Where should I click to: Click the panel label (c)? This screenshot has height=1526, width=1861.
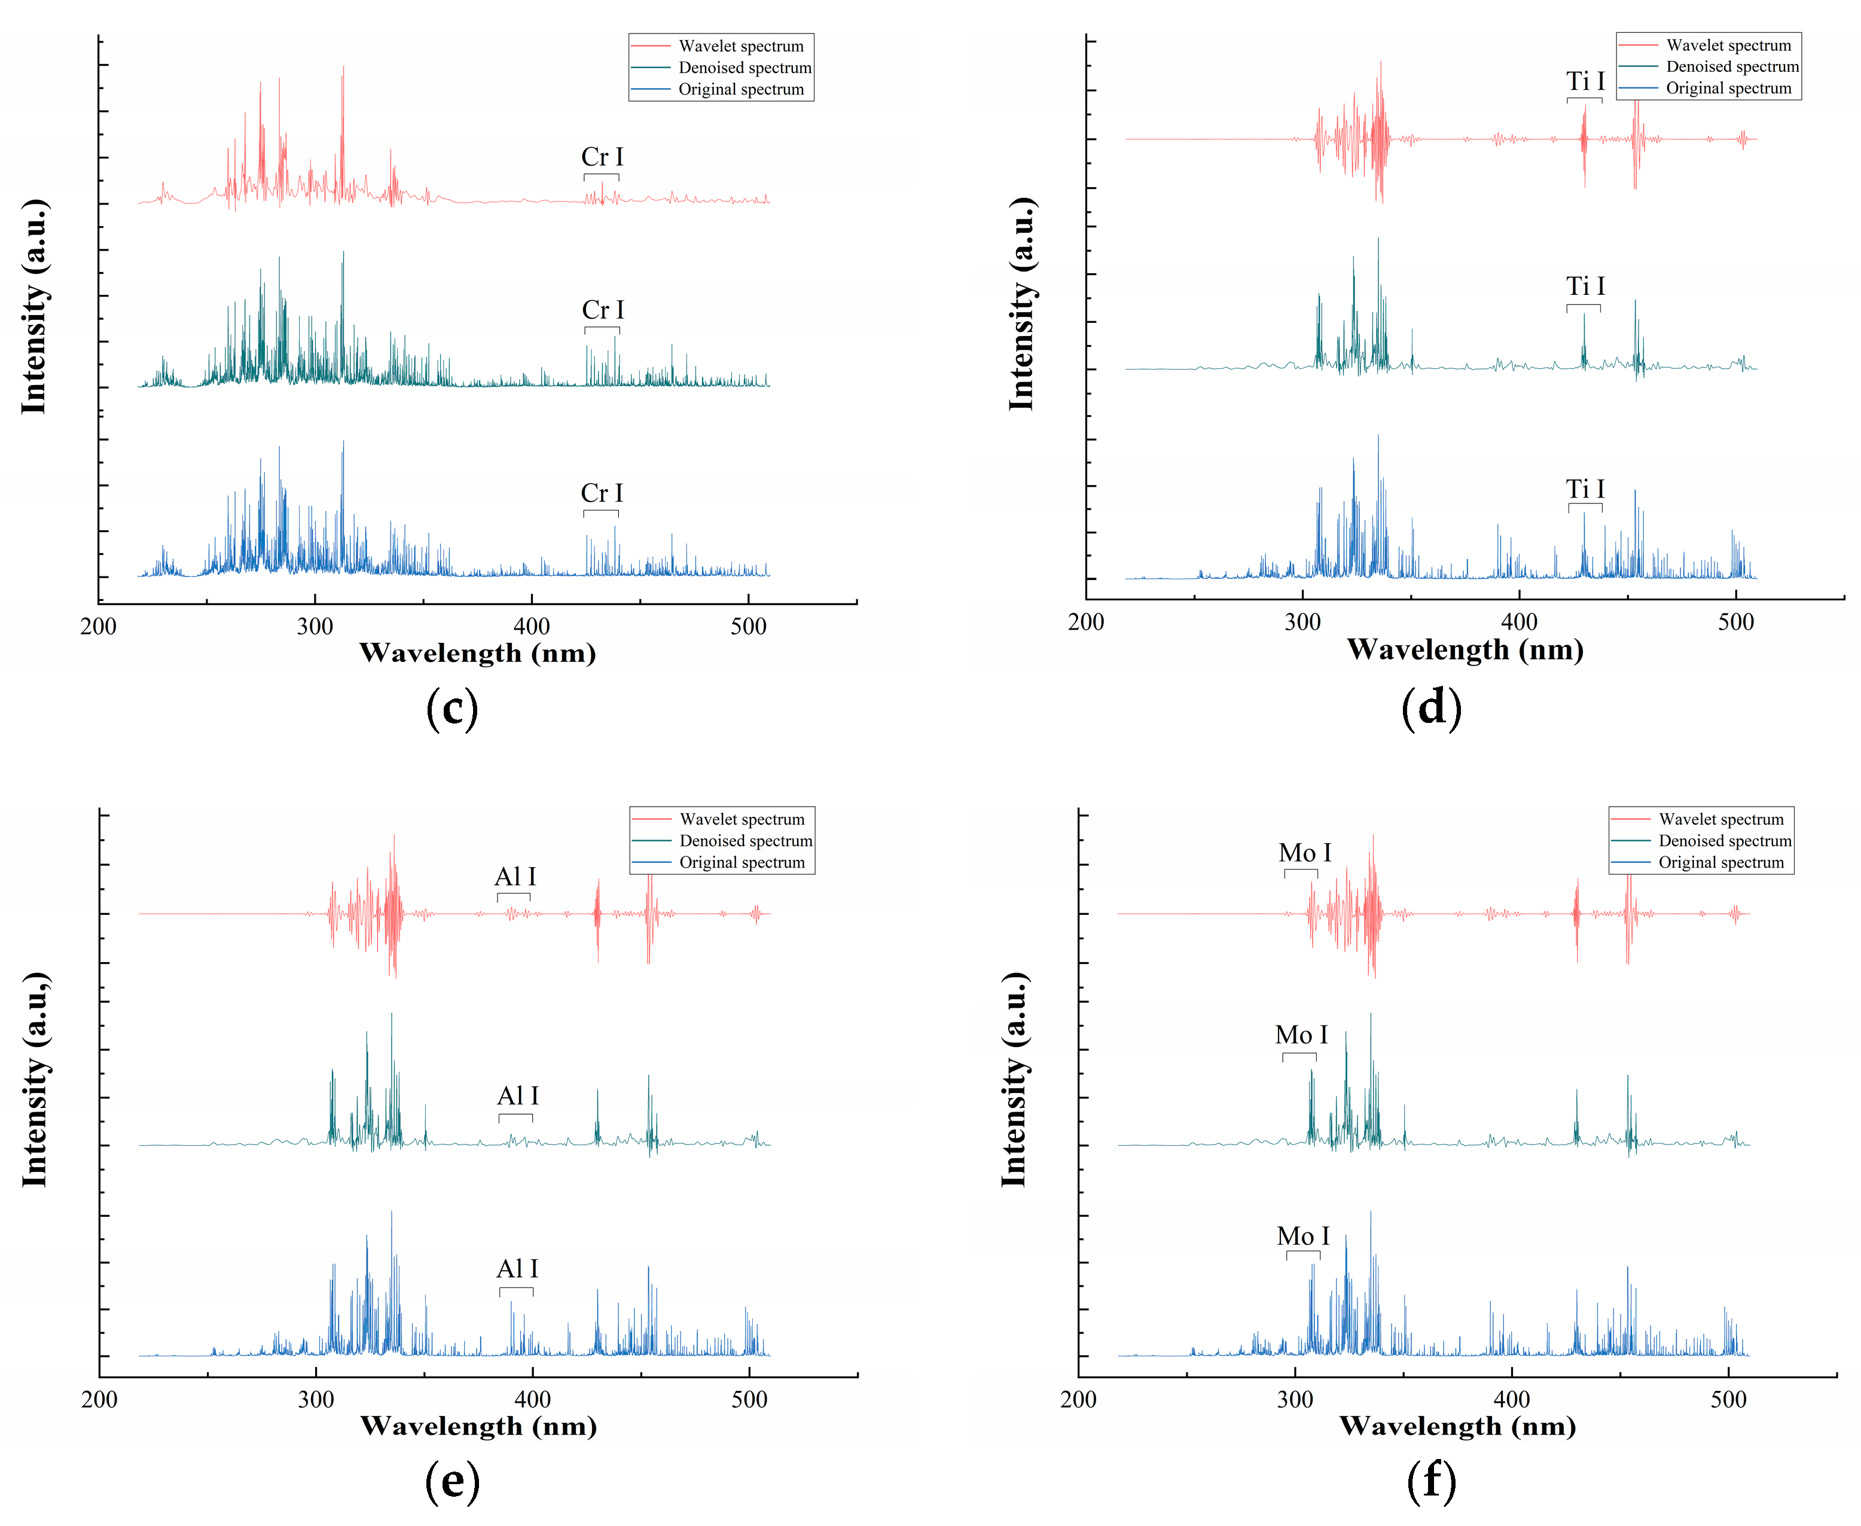452,707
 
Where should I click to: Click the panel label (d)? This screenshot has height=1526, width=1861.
1431,707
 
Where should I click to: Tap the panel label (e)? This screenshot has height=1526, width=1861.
452,1481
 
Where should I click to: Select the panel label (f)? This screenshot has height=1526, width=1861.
1431,1481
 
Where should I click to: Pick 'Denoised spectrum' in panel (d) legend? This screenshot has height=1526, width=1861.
1732,67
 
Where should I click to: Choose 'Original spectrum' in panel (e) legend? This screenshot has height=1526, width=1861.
741,862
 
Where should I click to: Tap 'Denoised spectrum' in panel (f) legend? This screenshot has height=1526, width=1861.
1724,840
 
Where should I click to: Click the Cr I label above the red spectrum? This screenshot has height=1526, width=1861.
602,157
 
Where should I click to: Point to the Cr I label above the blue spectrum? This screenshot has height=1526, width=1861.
602,493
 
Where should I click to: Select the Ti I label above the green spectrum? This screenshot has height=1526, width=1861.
1585,286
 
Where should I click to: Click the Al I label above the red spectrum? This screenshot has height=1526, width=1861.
515,877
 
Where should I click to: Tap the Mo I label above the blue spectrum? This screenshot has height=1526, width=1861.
1303,1236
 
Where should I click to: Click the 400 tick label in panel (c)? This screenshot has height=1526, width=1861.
531,627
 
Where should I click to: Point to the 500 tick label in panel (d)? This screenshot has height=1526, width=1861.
1735,622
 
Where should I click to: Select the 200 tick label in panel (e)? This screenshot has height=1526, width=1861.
99,1399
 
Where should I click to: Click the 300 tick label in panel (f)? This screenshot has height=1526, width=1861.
1295,1399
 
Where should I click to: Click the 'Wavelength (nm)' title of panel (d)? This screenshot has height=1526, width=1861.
1465,649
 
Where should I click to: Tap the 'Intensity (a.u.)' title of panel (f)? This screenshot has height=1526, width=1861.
1014,1079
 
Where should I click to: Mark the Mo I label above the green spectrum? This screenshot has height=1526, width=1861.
1301,1036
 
